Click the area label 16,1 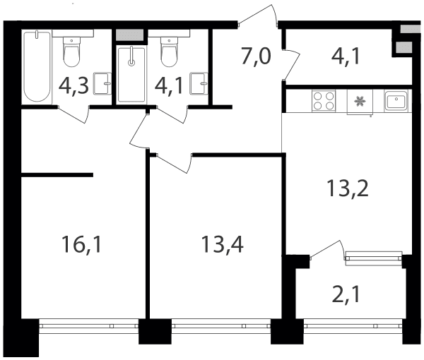pyautogui.click(x=81, y=244)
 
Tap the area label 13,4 pyautogui.click(x=223, y=244)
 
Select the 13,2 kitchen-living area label pyautogui.click(x=348, y=188)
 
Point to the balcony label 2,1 pyautogui.click(x=346, y=295)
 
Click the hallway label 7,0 pyautogui.click(x=256, y=57)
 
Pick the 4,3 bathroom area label pyautogui.click(x=73, y=86)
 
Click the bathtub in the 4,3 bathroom pyautogui.click(x=37, y=66)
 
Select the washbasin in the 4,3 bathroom pyautogui.click(x=102, y=83)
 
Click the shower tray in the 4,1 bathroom pyautogui.click(x=131, y=73)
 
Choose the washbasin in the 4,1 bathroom pyautogui.click(x=199, y=83)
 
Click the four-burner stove pyautogui.click(x=324, y=100)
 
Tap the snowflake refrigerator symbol pyautogui.click(x=360, y=102)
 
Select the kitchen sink pyautogui.click(x=396, y=100)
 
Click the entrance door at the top pyautogui.click(x=258, y=16)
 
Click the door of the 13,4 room pyautogui.click(x=174, y=164)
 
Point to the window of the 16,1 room pyautogui.click(x=89, y=326)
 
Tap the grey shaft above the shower pyautogui.click(x=129, y=35)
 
